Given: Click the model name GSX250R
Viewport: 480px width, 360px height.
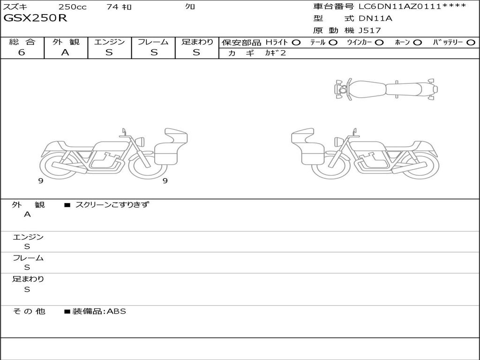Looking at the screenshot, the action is [35, 18].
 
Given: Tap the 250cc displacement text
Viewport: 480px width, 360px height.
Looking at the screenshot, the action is [72, 7].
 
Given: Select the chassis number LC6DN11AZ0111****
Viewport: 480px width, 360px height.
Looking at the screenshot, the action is [412, 6].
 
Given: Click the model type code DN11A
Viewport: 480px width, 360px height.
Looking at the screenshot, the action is [375, 18].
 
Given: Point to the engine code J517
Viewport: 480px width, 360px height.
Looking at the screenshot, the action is [370, 30].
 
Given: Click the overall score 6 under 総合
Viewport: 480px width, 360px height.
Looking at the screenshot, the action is [22, 52].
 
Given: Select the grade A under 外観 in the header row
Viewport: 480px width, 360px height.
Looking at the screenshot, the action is [65, 52].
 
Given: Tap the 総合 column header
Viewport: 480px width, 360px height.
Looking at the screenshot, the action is [22, 42].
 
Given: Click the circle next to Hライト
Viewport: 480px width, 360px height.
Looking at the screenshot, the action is [296, 43].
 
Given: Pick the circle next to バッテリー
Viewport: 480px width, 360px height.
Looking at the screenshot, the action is [471, 43].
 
